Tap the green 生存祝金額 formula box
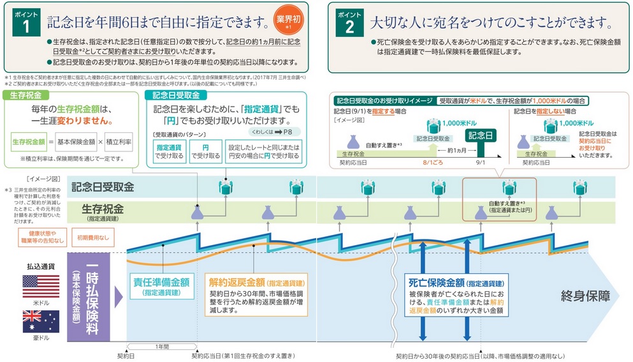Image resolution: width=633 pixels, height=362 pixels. point(29,140)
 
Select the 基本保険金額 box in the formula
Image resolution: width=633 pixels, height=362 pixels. point(75,140)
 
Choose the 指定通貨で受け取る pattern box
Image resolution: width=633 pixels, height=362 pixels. point(169,151)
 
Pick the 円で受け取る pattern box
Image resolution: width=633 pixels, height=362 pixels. point(205,151)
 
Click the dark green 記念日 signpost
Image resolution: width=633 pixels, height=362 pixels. point(480,136)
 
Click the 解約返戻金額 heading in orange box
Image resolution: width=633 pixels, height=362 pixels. point(237,282)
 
